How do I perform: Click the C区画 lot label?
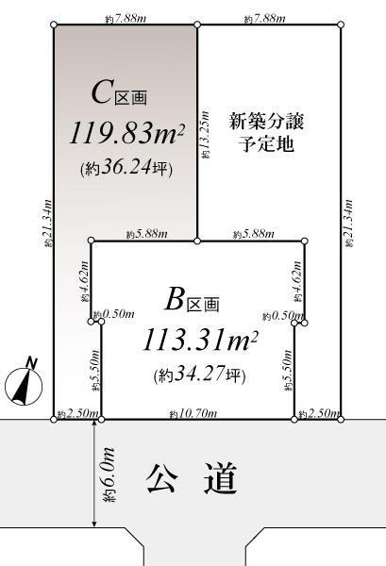click(x=119, y=93)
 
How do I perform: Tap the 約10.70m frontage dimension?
click(x=193, y=413)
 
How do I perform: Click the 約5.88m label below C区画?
click(x=145, y=233)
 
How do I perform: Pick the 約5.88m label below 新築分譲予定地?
click(x=250, y=233)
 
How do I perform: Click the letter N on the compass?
click(x=30, y=362)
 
